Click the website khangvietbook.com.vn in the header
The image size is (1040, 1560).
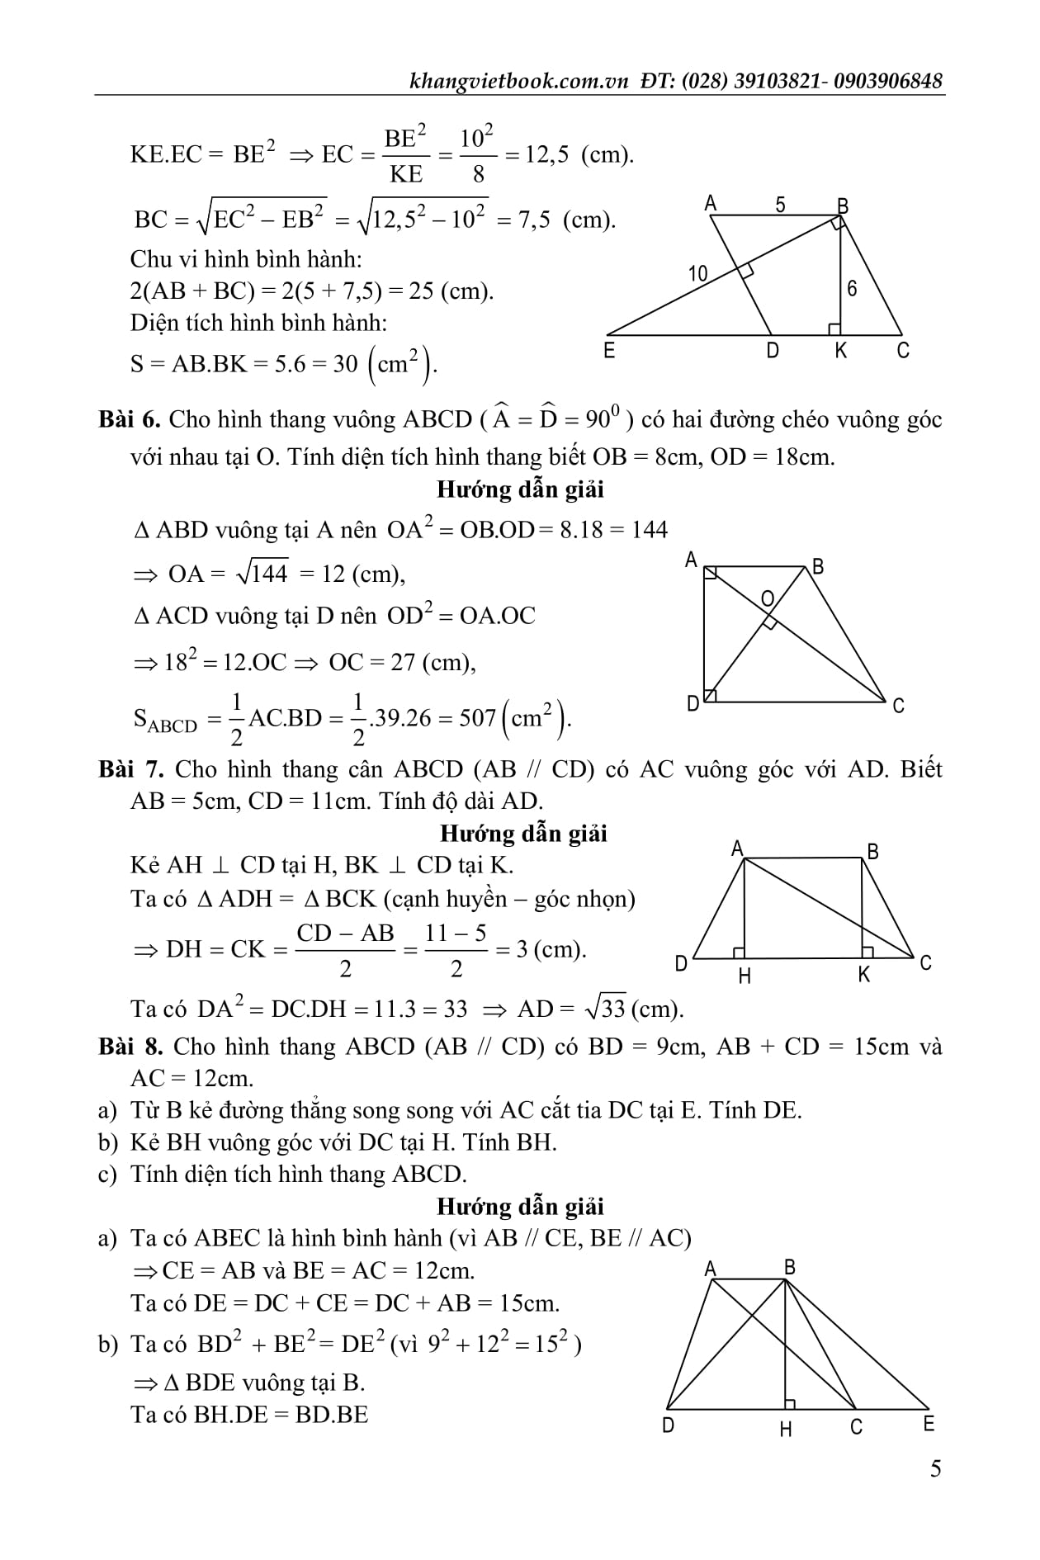coord(520,81)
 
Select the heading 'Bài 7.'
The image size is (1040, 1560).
coord(131,769)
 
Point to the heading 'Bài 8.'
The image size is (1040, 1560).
coord(131,1047)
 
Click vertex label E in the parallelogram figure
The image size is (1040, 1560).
coord(609,351)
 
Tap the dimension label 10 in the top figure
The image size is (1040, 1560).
coord(698,273)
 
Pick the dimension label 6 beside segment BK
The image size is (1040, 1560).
coord(852,288)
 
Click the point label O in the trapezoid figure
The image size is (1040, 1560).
coord(768,598)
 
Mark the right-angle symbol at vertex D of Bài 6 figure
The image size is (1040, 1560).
coord(710,696)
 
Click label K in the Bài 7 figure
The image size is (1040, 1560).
coord(864,975)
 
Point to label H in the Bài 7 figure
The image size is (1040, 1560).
coord(745,976)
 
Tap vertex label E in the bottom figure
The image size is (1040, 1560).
coord(929,1424)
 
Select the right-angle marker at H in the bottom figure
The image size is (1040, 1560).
coord(790,1403)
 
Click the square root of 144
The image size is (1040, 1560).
coord(262,573)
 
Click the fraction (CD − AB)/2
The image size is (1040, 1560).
coord(345,950)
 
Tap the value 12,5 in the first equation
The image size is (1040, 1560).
coord(547,154)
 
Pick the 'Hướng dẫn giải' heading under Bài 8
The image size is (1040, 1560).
coord(520,1206)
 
